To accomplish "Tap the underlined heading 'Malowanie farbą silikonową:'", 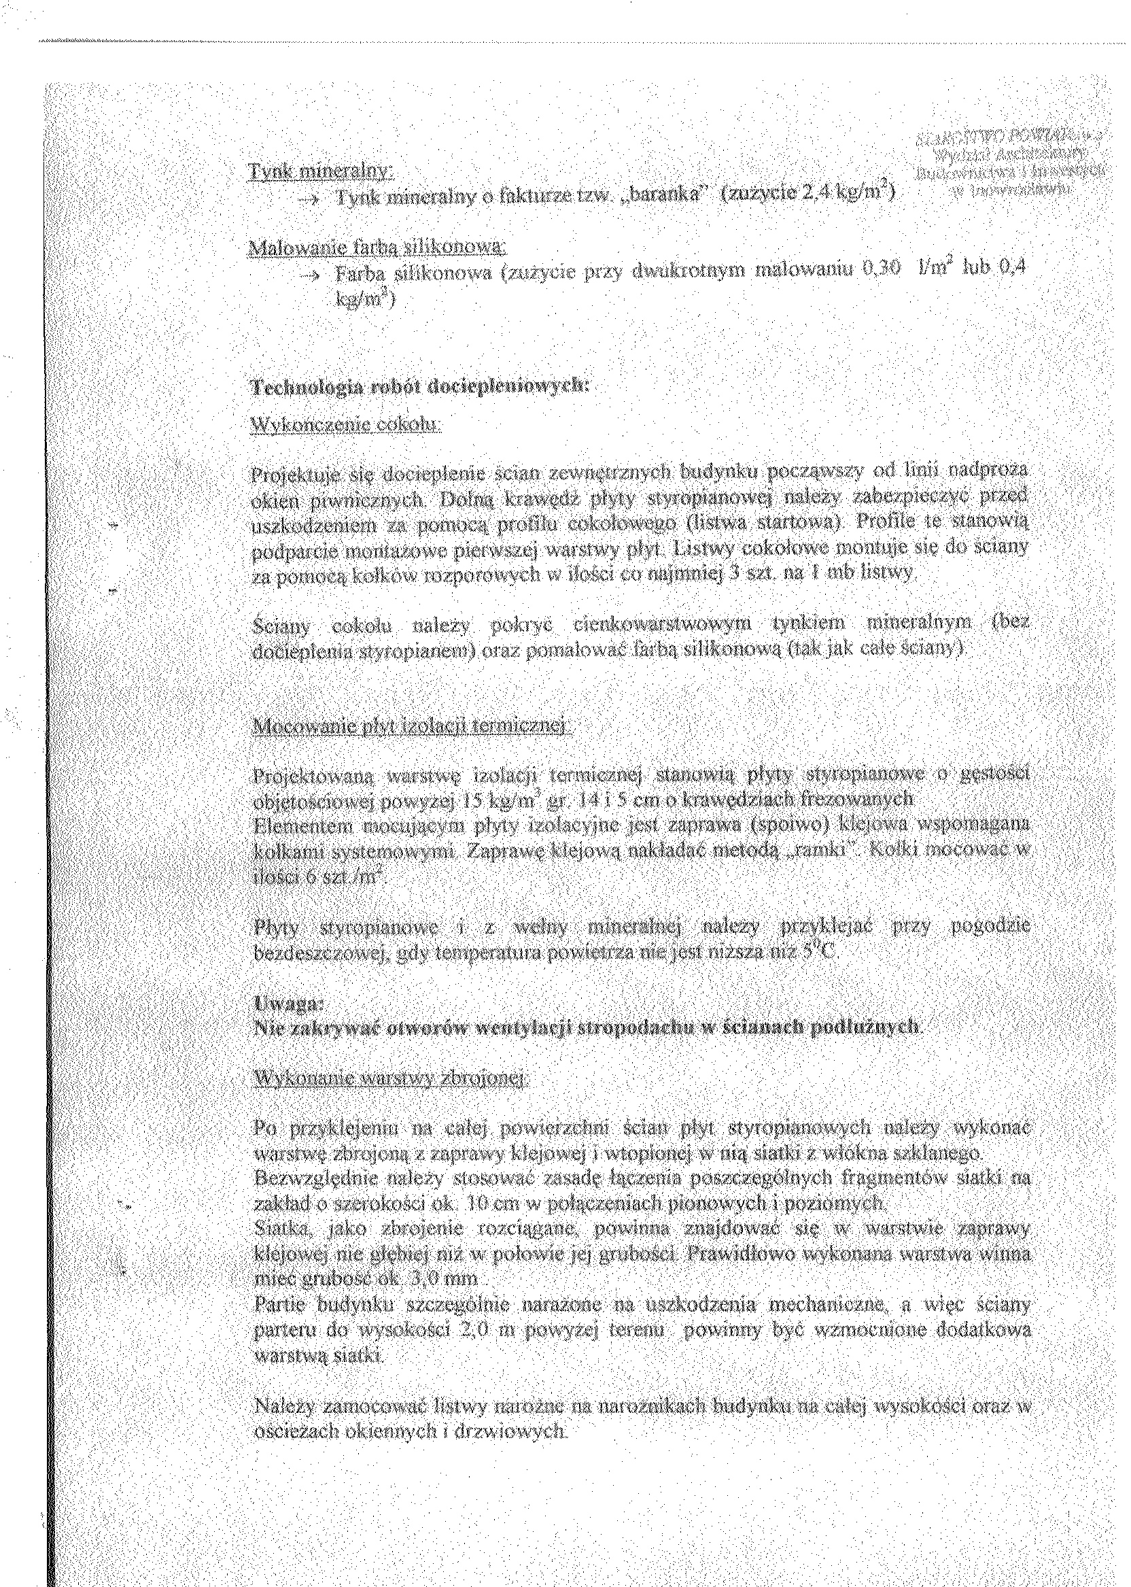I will click(x=377, y=248).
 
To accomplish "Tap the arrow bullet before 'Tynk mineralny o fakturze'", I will click(x=307, y=197).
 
